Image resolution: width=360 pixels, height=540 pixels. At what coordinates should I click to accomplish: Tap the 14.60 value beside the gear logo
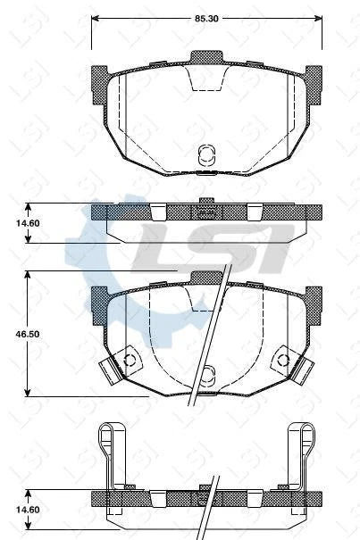pyautogui.click(x=13, y=224)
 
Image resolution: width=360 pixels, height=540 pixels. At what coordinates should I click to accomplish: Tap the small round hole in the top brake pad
pyautogui.click(x=205, y=154)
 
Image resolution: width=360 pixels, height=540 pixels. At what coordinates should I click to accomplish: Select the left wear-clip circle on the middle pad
pyautogui.click(x=129, y=361)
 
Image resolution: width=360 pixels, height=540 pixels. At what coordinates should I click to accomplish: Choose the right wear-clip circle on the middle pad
pyautogui.click(x=283, y=361)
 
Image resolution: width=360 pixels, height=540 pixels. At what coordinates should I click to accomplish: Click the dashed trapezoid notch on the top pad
pyautogui.click(x=206, y=79)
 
